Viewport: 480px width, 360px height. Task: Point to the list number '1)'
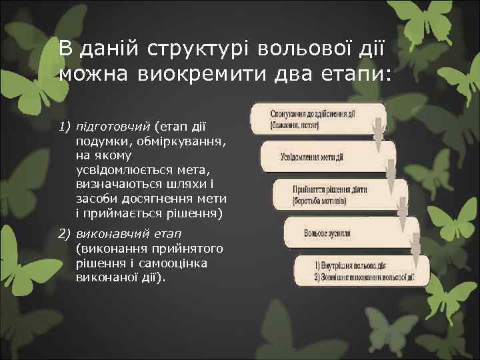(65, 127)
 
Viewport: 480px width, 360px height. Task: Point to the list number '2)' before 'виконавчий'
(65, 234)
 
